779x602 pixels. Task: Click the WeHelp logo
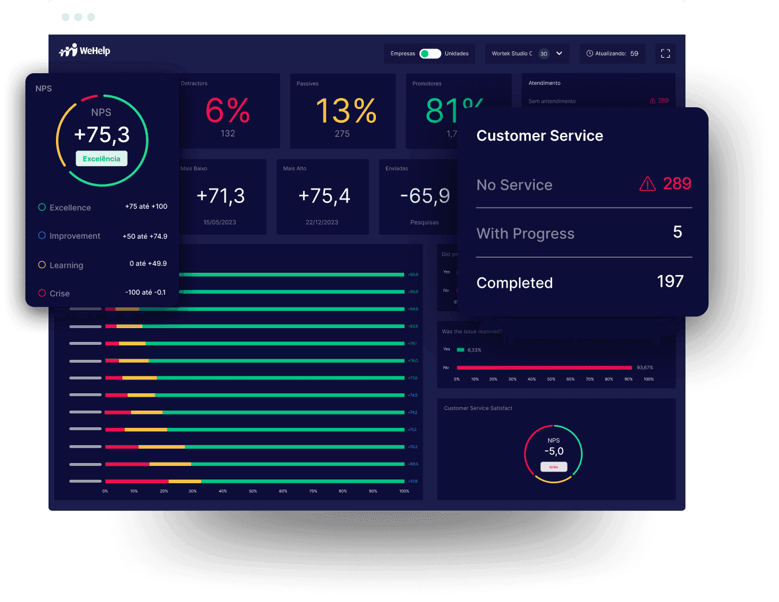84,51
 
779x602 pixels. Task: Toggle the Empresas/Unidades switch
430,54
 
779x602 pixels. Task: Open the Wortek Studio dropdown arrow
559,53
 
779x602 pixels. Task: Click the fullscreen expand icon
665,54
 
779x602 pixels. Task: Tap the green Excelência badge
102,159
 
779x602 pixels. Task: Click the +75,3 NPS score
102,134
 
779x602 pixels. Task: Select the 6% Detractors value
228,111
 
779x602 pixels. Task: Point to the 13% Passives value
346,111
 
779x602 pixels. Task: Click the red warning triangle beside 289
647,184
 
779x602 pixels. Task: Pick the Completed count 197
670,281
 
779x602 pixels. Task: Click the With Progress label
525,234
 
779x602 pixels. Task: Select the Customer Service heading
539,136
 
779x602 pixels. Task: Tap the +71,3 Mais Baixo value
221,196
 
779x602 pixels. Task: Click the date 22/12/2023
322,222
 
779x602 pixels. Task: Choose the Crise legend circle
42,293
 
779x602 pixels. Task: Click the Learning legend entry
66,265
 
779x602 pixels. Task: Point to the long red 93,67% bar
543,367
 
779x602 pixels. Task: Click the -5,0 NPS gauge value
554,451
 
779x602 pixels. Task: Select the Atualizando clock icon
590,54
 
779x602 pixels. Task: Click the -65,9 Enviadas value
425,196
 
